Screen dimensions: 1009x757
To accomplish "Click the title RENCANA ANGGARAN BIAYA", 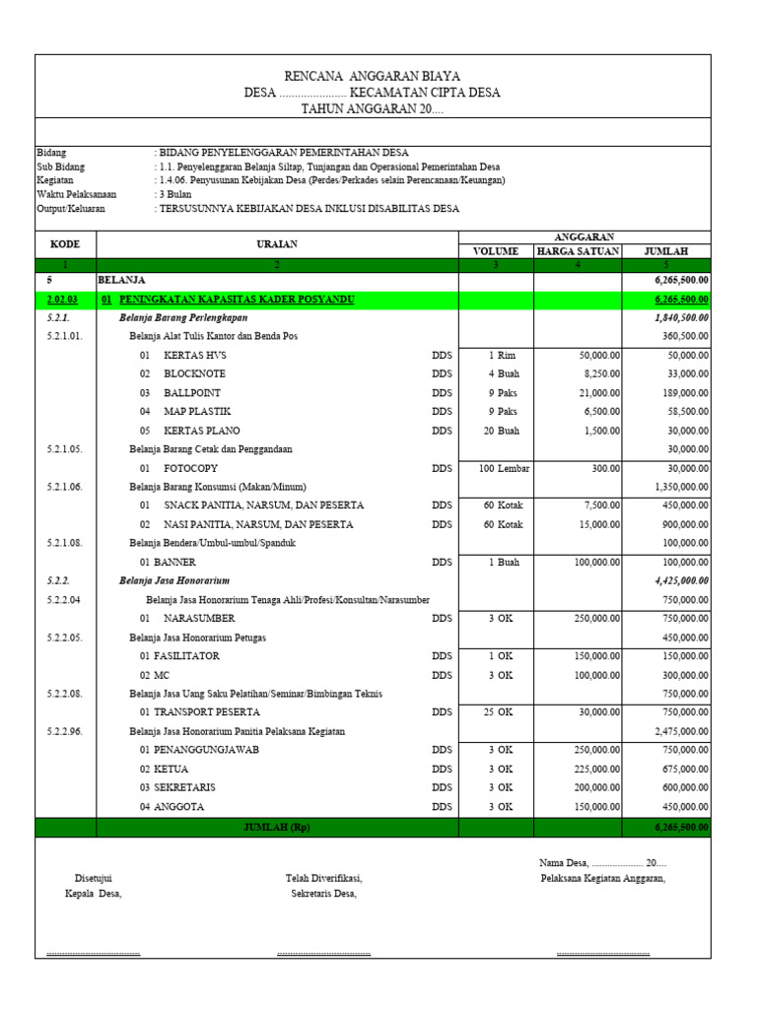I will [372, 76].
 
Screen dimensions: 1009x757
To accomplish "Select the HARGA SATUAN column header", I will [578, 251].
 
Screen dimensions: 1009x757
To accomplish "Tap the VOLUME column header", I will [496, 251].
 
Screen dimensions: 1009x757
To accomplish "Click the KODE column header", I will [65, 243].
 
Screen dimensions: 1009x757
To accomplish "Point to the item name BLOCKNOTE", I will [194, 374].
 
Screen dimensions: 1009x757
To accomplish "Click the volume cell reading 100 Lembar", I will [504, 468].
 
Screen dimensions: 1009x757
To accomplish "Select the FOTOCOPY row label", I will [190, 468].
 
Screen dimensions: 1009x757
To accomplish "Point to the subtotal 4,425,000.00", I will [681, 580].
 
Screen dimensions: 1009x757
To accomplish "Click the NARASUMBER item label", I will [199, 618].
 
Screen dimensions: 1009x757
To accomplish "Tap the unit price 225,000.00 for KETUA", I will [590, 769].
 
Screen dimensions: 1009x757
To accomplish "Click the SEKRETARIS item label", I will [184, 787].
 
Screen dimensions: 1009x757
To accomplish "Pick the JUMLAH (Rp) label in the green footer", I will [276, 827].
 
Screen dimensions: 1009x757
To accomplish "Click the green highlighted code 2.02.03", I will [65, 300].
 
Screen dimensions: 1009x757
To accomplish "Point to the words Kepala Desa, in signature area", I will [87, 894].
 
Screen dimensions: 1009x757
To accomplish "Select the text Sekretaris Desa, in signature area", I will [323, 894].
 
